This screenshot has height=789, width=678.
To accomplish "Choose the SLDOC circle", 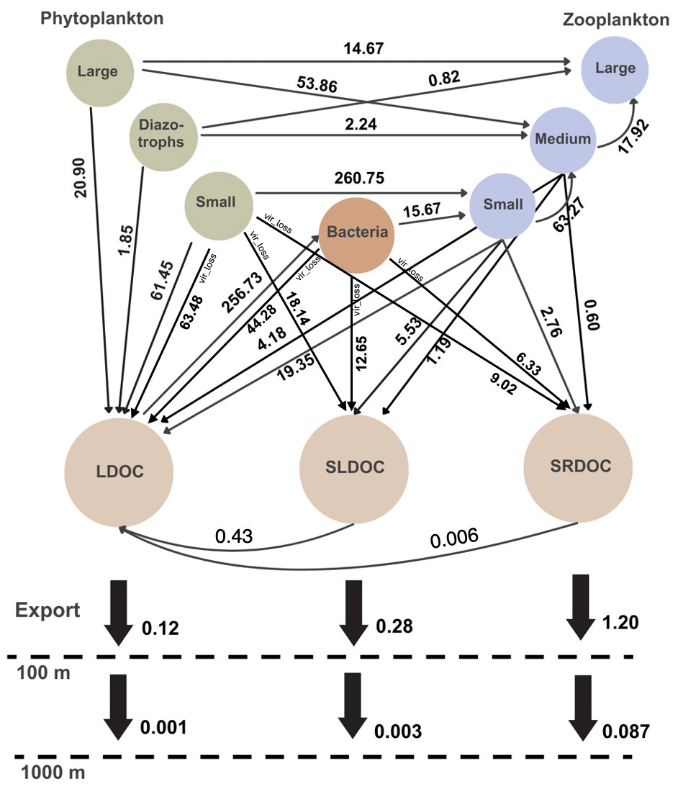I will pyautogui.click(x=353, y=466).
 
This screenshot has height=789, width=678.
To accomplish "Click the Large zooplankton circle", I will pyautogui.click(x=615, y=68).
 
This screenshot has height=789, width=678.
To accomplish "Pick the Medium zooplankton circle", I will pyautogui.click(x=564, y=139).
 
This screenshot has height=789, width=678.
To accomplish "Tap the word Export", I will pyautogui.click(x=49, y=612).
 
